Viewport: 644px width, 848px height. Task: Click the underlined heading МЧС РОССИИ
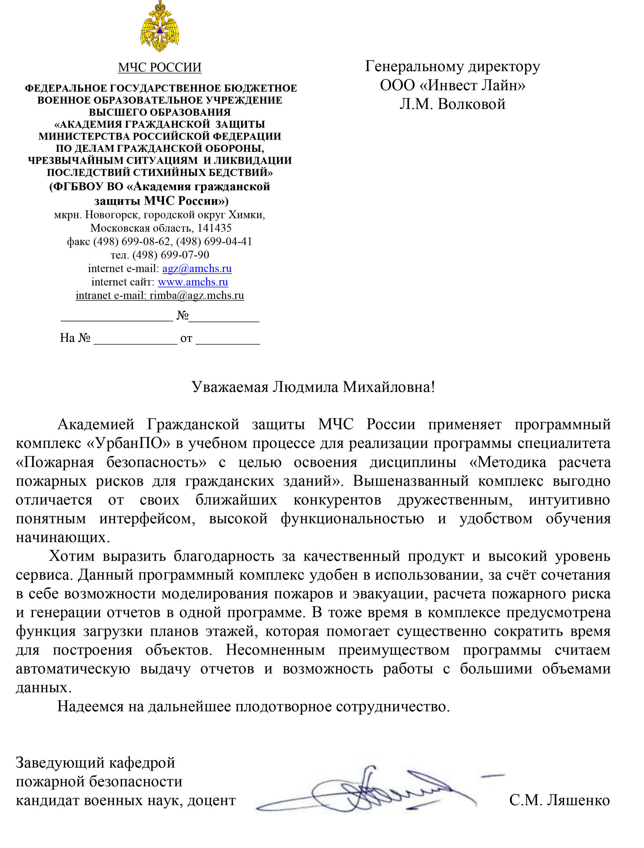click(160, 68)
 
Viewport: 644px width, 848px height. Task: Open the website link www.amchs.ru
click(193, 282)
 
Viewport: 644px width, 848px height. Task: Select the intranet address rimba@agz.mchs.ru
click(197, 295)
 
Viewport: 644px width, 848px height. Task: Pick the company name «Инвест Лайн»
click(472, 85)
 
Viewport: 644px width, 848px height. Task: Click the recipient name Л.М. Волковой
click(452, 104)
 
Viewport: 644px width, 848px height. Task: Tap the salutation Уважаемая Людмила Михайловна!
click(313, 387)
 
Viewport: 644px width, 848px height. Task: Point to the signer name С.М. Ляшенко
click(559, 800)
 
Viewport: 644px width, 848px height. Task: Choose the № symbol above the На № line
click(183, 315)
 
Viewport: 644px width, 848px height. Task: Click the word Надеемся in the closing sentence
click(90, 707)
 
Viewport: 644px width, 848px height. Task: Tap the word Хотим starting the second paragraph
click(72, 556)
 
